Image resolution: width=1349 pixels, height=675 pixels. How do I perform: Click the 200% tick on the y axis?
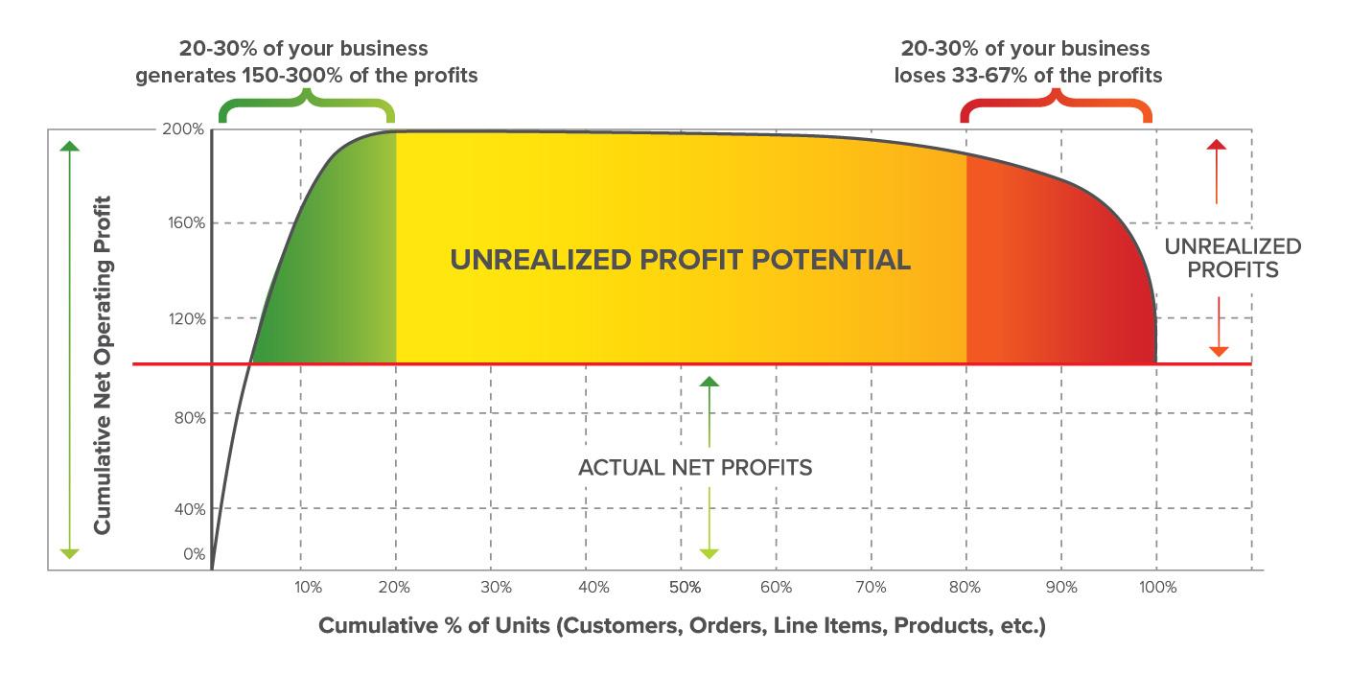point(183,128)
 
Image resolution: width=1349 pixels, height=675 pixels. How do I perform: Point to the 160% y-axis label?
point(186,222)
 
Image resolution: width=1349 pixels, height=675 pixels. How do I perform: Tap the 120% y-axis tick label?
point(187,318)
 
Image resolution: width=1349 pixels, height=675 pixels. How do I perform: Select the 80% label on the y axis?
point(190,417)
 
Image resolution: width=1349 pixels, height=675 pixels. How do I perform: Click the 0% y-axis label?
point(194,554)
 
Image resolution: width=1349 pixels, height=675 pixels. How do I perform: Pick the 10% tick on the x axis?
point(308,587)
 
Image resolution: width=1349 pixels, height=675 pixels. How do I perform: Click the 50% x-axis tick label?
point(685,587)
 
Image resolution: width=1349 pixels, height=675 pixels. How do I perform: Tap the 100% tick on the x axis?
point(1157,587)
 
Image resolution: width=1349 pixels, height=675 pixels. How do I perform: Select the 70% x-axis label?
point(871,587)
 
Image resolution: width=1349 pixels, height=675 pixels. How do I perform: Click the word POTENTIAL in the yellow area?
point(831,260)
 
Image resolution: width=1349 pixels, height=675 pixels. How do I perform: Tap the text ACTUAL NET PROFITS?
point(695,468)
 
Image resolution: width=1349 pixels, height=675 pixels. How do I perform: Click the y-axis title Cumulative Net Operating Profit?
point(103,365)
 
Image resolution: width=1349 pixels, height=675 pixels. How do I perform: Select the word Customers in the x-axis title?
point(619,626)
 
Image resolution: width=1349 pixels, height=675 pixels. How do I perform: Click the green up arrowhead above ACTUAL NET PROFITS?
point(709,382)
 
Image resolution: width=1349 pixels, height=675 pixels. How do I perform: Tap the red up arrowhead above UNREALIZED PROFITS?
point(1217,145)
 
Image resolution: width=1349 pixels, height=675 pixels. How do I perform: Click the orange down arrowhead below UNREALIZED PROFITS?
point(1219,352)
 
